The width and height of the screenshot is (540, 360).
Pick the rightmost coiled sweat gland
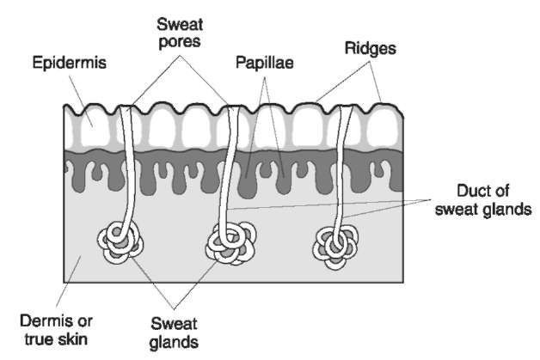334,243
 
